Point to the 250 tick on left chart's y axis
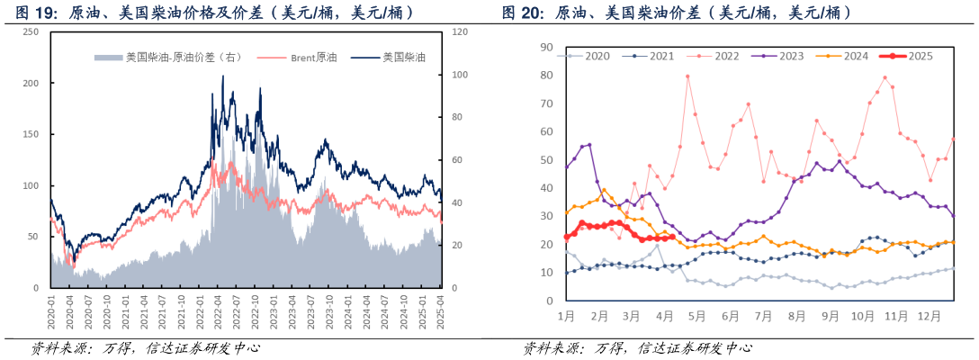(x=31, y=31)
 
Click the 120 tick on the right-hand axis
(x=460, y=31)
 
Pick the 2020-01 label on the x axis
(x=51, y=310)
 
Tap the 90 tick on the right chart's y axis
(x=546, y=47)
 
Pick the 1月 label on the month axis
(x=566, y=316)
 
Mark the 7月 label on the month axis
(x=763, y=316)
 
